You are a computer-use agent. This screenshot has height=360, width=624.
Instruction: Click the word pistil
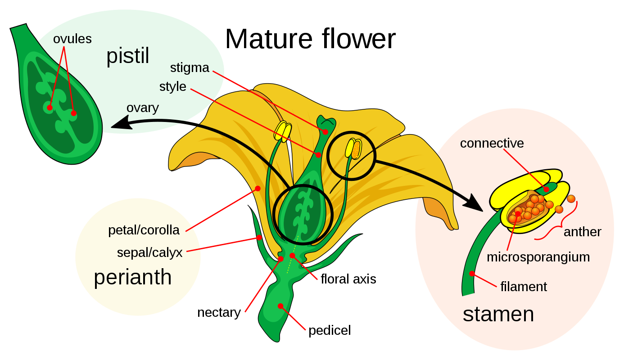(127, 57)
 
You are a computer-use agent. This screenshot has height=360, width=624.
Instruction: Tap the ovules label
(72, 39)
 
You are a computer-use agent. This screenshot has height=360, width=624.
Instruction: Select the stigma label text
(190, 68)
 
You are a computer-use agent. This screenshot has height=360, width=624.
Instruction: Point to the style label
(172, 86)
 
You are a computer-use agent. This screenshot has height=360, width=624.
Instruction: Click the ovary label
(142, 108)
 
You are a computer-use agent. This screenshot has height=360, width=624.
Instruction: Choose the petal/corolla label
(144, 230)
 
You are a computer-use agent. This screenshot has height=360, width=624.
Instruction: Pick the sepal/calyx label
(149, 252)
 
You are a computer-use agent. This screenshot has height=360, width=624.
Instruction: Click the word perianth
(132, 277)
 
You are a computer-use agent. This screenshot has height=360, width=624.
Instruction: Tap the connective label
(492, 143)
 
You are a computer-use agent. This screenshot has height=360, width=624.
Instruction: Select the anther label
(582, 232)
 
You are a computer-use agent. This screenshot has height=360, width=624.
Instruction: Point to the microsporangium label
(538, 257)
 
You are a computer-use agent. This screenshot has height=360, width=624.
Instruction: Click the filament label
(523, 287)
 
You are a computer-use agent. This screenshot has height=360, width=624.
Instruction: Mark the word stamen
(498, 314)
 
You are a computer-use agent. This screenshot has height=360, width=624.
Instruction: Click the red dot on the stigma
(325, 132)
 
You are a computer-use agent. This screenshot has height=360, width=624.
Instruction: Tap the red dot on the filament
(472, 274)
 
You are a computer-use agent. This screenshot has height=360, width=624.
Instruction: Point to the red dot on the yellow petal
(258, 189)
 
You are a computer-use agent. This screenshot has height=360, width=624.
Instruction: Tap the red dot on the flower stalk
(280, 306)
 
